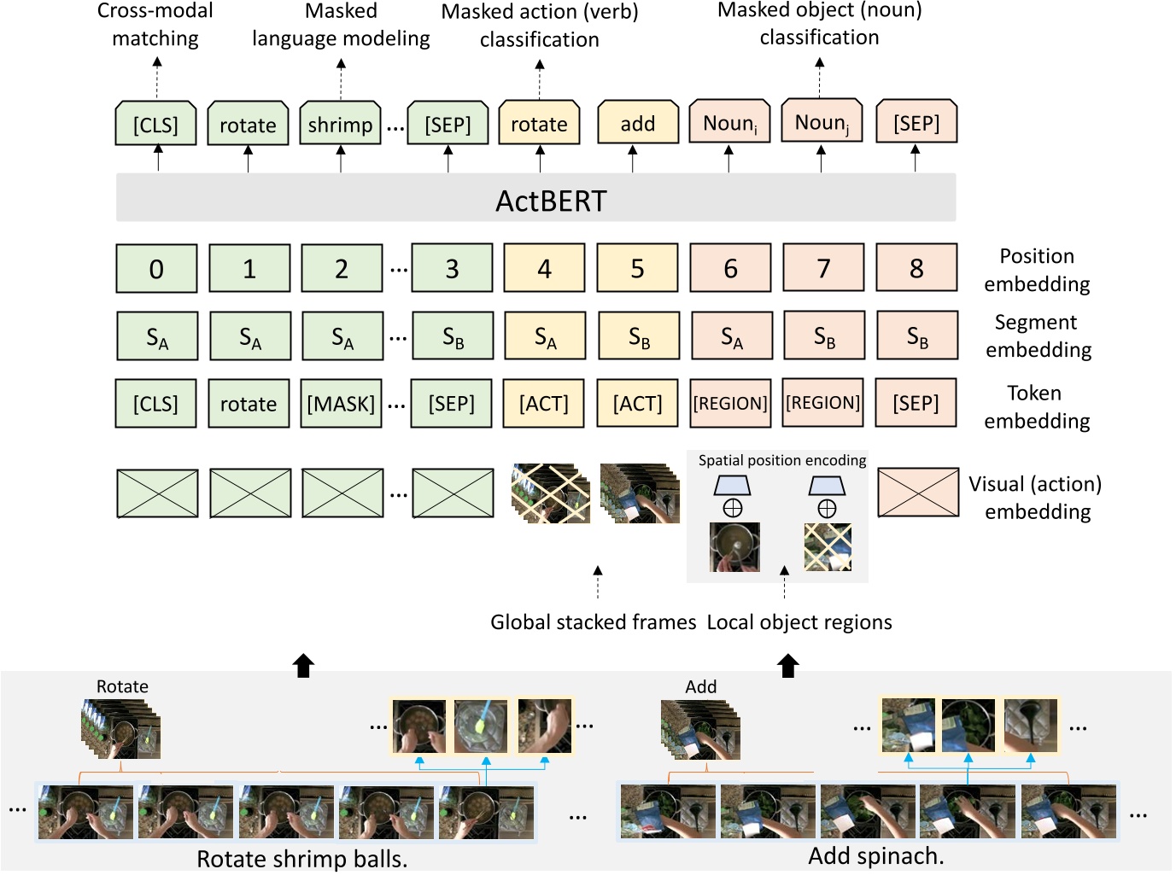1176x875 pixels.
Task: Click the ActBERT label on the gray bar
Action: click(x=551, y=201)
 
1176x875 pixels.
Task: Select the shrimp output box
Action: click(x=340, y=125)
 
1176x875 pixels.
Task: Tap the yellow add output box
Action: click(x=637, y=124)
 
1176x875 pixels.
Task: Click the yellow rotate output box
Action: click(x=539, y=124)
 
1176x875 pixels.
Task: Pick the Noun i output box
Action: click(x=729, y=124)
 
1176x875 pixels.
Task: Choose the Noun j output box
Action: click(x=822, y=123)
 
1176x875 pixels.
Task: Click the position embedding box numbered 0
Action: click(x=156, y=269)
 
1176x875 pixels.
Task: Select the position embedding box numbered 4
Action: click(x=544, y=269)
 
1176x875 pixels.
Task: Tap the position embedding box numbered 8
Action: click(x=916, y=269)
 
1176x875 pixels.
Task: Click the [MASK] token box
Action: click(x=341, y=404)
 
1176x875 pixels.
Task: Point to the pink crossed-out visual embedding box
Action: click(x=918, y=493)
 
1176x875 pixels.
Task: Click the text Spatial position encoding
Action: click(x=781, y=460)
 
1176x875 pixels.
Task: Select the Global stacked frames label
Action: click(x=593, y=622)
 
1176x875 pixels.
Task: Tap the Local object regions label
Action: click(x=799, y=622)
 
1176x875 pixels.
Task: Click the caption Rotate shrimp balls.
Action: click(x=301, y=858)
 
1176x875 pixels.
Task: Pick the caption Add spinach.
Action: click(x=876, y=855)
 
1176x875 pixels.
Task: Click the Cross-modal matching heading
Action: click(x=155, y=24)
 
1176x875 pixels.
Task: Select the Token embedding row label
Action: click(x=1036, y=406)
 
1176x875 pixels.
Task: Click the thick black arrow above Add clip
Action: click(x=788, y=665)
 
